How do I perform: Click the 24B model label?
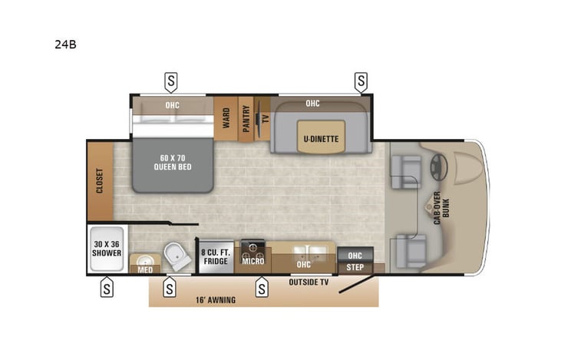[x=66, y=45]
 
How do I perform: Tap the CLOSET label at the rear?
[x=99, y=180]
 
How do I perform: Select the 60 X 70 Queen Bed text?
[x=172, y=163]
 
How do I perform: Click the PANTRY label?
[x=246, y=119]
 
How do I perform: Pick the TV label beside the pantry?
[x=266, y=119]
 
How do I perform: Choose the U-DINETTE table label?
[x=321, y=138]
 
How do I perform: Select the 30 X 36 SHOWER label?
[x=107, y=250]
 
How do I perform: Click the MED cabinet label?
[x=144, y=269]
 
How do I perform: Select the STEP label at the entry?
[x=355, y=268]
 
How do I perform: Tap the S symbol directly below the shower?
[x=107, y=289]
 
